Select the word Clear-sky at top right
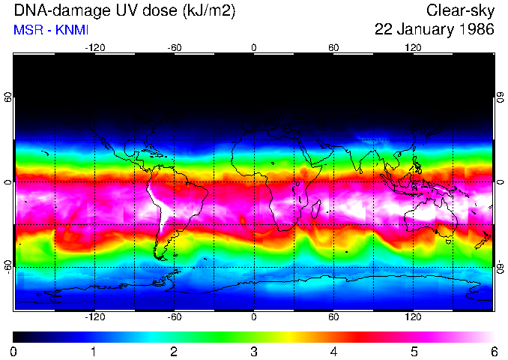[x=460, y=10]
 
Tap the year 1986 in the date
[x=475, y=30]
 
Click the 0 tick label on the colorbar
[x=14, y=351]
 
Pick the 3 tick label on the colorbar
[x=254, y=351]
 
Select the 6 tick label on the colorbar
[x=493, y=351]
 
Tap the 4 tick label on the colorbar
[x=333, y=351]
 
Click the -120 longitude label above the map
[x=94, y=48]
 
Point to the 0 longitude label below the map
[x=254, y=316]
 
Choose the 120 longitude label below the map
[x=413, y=316]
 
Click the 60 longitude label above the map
[x=333, y=48]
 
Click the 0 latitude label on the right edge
[x=500, y=182]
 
